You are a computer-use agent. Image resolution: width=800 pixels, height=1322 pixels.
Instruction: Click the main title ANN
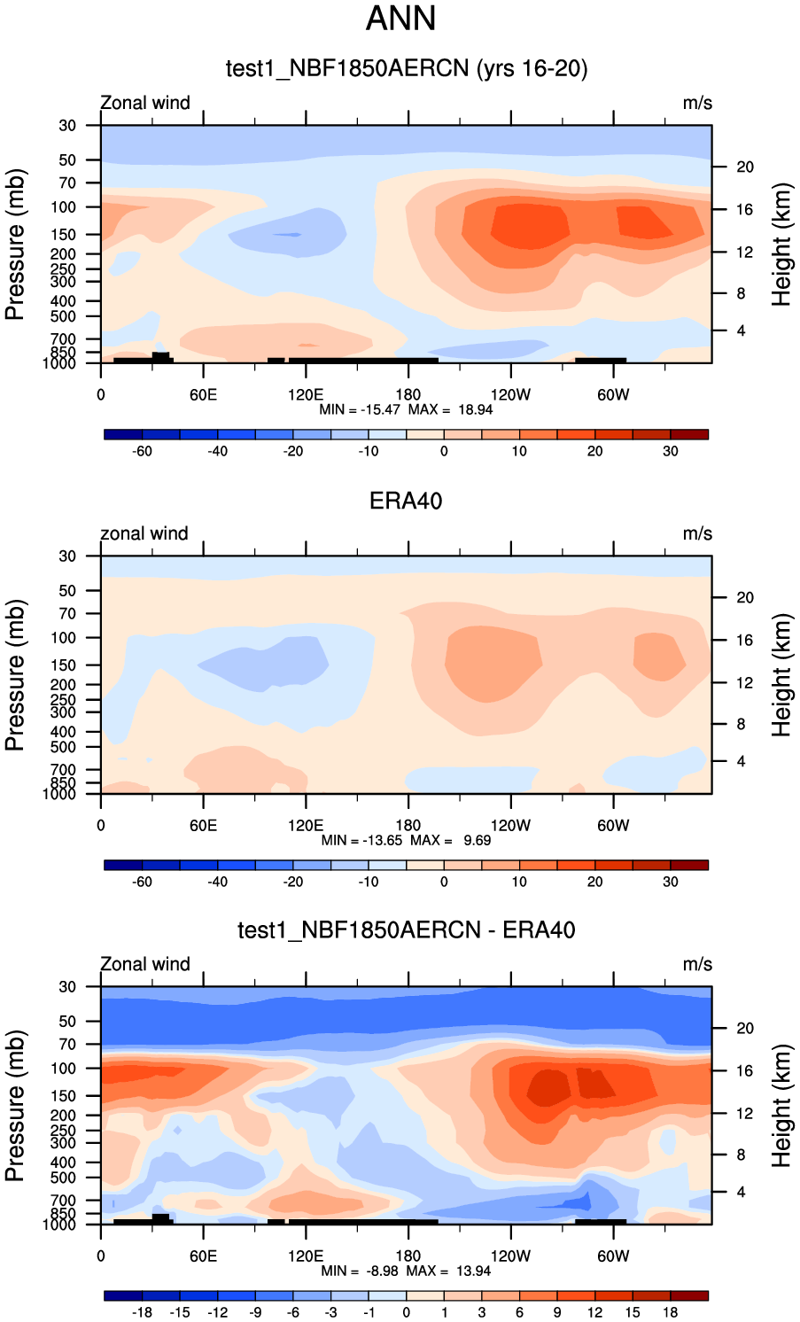tap(400, 19)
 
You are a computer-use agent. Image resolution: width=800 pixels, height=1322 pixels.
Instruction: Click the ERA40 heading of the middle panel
tap(406, 501)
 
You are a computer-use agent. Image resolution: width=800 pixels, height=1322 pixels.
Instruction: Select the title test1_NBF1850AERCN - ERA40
tap(406, 929)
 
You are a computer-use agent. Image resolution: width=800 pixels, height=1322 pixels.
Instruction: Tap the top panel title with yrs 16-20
tap(406, 68)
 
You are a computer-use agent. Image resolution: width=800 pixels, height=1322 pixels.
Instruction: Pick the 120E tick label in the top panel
tap(306, 394)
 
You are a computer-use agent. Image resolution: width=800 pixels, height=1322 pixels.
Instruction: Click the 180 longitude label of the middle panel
tap(408, 825)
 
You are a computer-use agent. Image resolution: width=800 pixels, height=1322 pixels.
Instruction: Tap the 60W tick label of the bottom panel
tap(612, 1256)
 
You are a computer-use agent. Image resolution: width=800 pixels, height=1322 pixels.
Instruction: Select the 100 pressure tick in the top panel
tap(66, 206)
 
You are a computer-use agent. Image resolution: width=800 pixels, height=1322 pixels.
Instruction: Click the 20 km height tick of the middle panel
tap(745, 597)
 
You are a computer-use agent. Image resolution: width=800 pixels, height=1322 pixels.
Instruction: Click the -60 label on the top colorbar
tap(142, 451)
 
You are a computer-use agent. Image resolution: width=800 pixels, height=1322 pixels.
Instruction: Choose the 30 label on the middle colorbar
tap(671, 882)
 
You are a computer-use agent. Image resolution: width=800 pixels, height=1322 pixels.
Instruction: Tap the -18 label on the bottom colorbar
tap(142, 1312)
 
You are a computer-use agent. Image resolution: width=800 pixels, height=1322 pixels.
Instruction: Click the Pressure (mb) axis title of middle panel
tap(15, 675)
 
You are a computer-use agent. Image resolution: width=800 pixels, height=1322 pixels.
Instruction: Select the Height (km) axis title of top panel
tap(781, 245)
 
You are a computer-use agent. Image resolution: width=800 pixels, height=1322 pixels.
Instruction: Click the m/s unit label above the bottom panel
tap(697, 964)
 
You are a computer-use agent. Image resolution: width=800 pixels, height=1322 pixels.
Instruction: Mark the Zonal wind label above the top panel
tap(145, 103)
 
